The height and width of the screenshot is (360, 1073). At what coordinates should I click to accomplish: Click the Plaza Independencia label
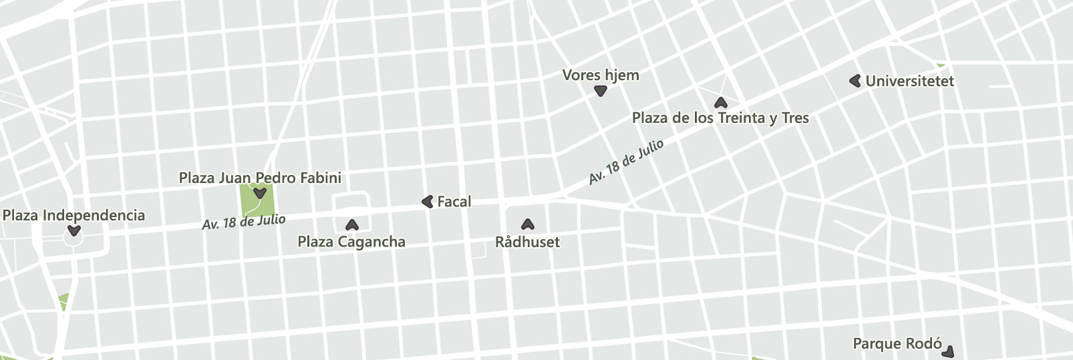[x=73, y=215]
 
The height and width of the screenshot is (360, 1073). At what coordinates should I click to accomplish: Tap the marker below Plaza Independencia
[x=74, y=231]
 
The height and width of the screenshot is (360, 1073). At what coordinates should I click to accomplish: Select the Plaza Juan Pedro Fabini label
[x=260, y=178]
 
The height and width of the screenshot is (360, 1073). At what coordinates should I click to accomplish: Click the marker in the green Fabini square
[x=260, y=194]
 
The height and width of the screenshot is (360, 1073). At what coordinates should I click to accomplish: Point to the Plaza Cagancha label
[x=351, y=242]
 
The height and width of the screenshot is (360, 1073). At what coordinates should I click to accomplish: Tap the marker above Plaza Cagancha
[x=351, y=225]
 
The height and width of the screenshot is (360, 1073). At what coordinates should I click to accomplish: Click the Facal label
[x=454, y=201]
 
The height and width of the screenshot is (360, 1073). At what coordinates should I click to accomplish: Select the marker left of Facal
[x=428, y=201]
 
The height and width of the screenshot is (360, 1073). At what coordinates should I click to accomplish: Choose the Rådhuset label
[x=527, y=242]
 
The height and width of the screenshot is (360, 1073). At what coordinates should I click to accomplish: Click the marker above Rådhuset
[x=528, y=224]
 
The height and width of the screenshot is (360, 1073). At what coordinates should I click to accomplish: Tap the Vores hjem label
[x=601, y=75]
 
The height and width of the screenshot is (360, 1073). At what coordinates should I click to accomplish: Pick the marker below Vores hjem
[x=601, y=92]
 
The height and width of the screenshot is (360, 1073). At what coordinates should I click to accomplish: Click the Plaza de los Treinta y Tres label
[x=720, y=118]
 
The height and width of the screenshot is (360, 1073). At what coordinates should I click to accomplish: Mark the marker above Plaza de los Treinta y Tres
[x=720, y=103]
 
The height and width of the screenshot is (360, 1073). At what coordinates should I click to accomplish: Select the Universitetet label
[x=909, y=81]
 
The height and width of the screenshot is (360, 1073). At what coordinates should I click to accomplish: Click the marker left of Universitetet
[x=855, y=81]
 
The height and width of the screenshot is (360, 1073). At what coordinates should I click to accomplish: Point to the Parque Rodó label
[x=897, y=344]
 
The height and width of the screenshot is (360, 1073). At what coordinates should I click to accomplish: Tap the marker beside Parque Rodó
[x=948, y=351]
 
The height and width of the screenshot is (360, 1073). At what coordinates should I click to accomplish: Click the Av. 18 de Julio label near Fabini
[x=244, y=222]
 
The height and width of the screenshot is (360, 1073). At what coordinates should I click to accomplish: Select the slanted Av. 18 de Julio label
[x=626, y=161]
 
